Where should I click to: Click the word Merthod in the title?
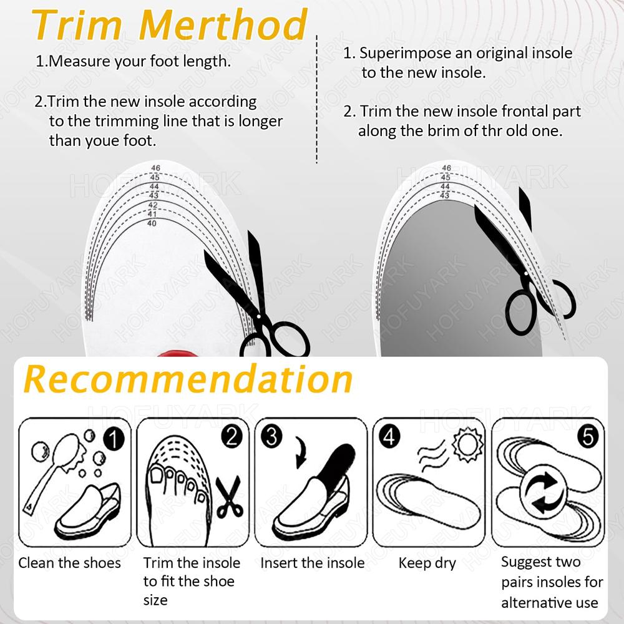[223, 24]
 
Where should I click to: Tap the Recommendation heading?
[188, 379]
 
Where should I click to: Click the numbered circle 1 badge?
[114, 440]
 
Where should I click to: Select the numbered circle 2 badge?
[232, 436]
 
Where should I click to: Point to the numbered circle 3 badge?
[271, 436]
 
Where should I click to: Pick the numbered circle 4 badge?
[389, 436]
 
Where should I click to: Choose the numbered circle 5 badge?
[588, 437]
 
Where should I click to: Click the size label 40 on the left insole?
[152, 223]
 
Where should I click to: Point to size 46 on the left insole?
[155, 168]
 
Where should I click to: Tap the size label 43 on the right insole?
[444, 195]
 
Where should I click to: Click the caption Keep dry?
[427, 563]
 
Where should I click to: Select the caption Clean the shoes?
[70, 563]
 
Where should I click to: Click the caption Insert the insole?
[313, 563]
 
